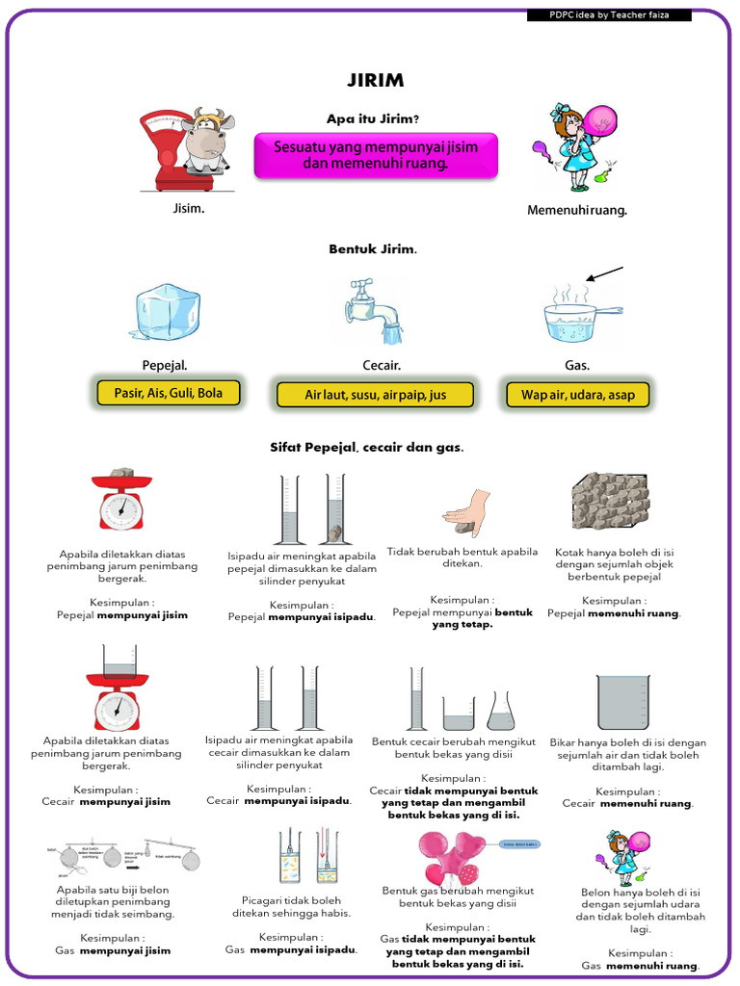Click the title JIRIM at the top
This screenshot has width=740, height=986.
pos(375,81)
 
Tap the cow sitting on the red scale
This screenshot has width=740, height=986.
pos(204,143)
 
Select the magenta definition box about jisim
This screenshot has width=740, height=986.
pos(376,155)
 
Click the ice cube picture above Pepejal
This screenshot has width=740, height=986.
pos(165,313)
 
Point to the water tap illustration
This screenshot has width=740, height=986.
pos(377,310)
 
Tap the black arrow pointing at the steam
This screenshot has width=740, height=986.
pos(604,274)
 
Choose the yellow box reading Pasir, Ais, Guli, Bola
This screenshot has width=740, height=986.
pos(168,393)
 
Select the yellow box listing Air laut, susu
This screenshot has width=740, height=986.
pos(375,395)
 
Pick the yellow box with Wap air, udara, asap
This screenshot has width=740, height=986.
pos(578,395)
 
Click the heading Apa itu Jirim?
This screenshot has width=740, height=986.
pos(373,118)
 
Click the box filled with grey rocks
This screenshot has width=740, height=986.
pos(610,502)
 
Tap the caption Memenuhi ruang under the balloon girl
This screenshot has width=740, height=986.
pos(577,210)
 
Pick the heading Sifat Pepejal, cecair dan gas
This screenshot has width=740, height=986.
pos(367,448)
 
